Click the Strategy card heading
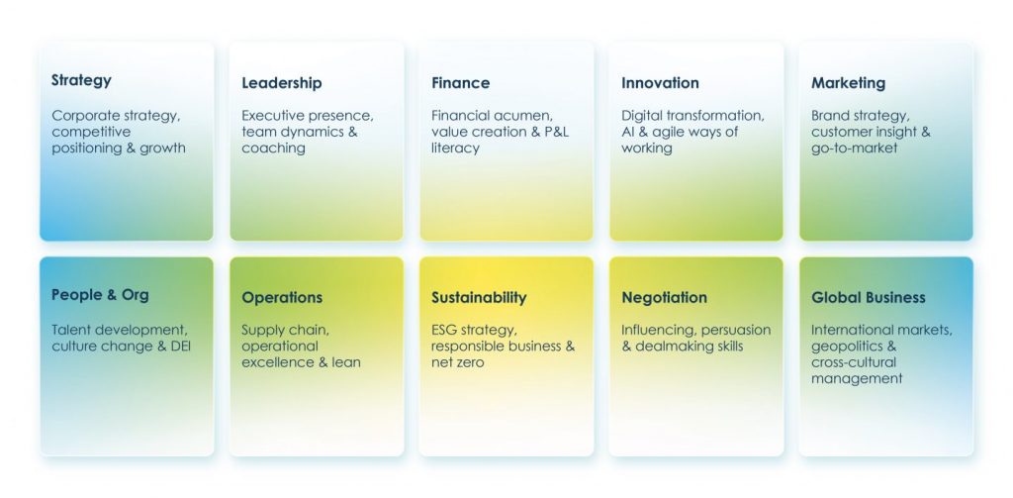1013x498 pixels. [x=81, y=81]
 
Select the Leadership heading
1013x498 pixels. [x=282, y=83]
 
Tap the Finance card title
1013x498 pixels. [x=461, y=83]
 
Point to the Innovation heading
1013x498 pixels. [x=660, y=83]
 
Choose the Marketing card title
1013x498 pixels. [x=848, y=83]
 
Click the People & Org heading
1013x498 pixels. [x=100, y=296]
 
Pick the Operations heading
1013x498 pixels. [x=282, y=298]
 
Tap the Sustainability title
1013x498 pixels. [x=479, y=297]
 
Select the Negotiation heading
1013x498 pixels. [x=664, y=297]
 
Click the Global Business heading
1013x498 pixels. [x=869, y=297]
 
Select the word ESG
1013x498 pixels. [x=444, y=330]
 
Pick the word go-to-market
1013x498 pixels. [x=855, y=149]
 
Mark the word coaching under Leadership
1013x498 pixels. [x=273, y=149]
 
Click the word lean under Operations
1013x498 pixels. [x=347, y=362]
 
